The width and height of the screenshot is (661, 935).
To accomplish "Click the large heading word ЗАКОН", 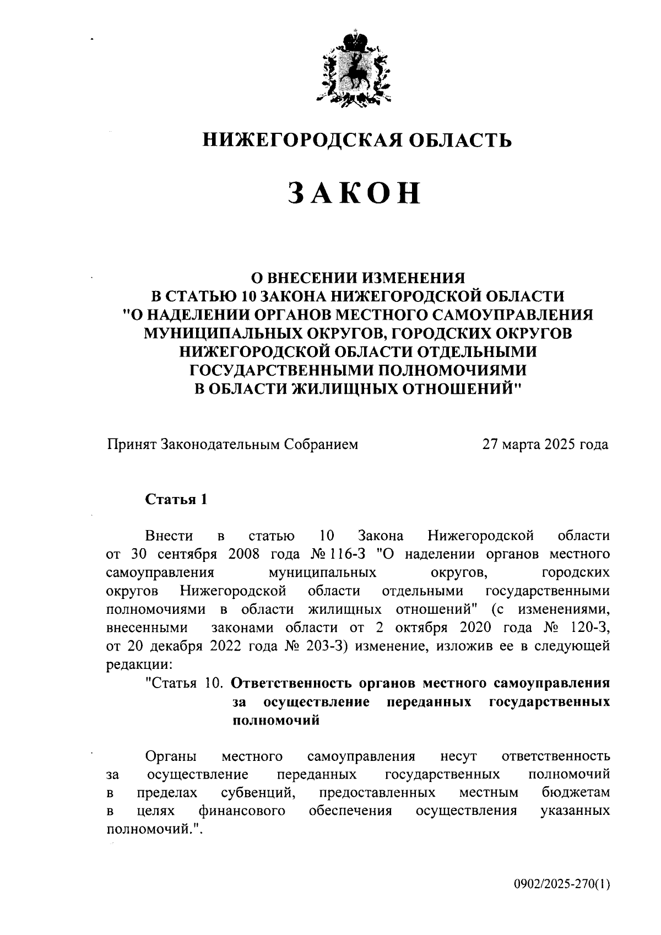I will click(355, 193).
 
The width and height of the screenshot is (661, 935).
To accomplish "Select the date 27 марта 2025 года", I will click(545, 444).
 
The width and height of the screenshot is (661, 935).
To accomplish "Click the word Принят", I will click(131, 444).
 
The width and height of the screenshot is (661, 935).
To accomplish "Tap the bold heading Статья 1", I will click(176, 499).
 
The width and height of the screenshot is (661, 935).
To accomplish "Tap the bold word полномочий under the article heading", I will click(276, 720).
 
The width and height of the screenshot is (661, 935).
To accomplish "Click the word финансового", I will click(242, 811).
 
